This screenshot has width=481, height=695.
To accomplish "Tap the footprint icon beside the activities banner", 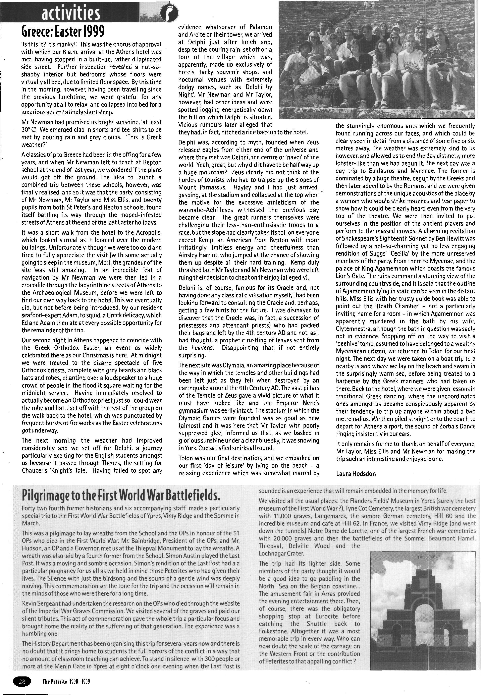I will pyautogui.click(x=169, y=14).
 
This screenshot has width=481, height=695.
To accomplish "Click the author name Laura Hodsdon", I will pyautogui.click(x=356, y=474).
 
